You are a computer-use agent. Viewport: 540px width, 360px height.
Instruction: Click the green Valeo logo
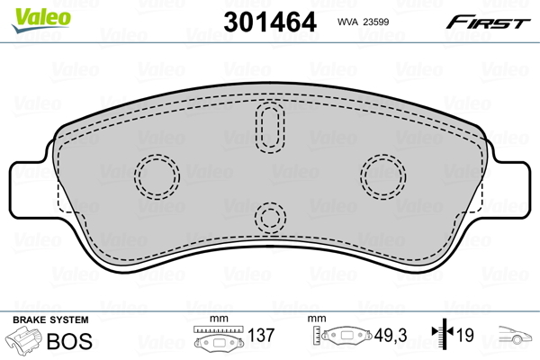(x=41, y=20)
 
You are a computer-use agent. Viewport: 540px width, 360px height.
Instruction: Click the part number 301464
(x=270, y=22)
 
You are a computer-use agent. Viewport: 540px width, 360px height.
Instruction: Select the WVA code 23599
(x=376, y=22)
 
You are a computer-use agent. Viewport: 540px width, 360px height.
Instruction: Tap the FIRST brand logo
(x=488, y=22)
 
